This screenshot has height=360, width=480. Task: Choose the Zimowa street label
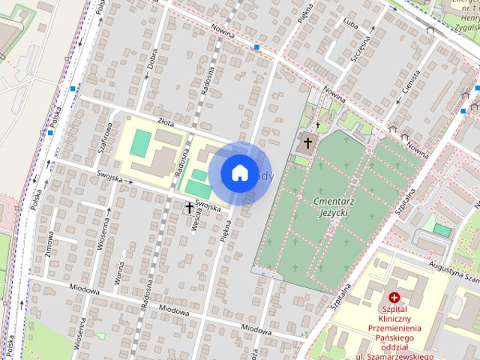50,244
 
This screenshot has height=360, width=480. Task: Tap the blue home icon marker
239,172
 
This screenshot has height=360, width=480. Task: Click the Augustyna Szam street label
450,267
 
